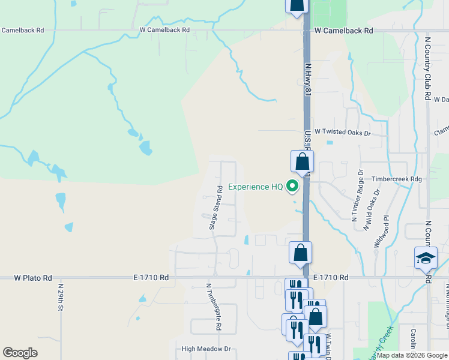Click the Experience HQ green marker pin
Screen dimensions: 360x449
pos(292,187)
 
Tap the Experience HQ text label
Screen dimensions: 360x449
pos(255,187)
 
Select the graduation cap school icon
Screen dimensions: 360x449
pos(426,258)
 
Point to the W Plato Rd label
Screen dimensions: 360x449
pos(33,278)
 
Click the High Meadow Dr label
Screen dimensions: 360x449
pos(206,349)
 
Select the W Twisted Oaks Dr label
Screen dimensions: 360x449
pos(342,132)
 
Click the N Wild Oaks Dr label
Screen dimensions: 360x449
pos(372,209)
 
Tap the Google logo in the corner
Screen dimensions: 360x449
pos(20,353)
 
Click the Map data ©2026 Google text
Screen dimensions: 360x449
pos(411,355)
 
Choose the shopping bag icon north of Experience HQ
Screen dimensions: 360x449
pos(303,161)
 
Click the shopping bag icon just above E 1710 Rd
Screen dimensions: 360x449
pos(301,253)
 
